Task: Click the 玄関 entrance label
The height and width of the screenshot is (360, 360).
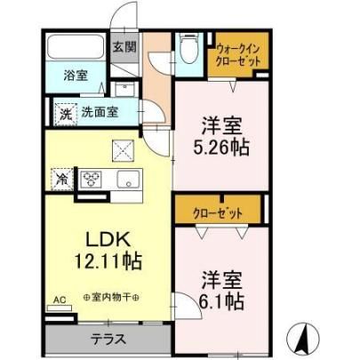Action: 124,47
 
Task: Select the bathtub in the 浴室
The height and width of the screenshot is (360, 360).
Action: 76,46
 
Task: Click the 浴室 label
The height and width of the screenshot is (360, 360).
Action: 76,76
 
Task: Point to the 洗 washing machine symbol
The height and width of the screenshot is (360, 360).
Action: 66,115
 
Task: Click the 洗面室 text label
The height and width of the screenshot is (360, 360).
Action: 100,112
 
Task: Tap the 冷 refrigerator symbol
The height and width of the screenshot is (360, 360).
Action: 62,179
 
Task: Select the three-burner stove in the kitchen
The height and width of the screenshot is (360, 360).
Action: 91,179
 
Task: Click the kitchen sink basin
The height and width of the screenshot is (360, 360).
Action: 128,179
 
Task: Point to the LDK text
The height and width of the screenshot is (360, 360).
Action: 108,239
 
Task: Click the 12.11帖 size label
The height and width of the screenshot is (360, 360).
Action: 108,260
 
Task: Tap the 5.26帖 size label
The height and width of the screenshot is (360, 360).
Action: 221,148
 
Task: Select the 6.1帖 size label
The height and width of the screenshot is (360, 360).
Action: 221,301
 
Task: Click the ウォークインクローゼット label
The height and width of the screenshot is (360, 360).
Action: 238,55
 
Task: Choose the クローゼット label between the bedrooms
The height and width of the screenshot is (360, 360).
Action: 218,213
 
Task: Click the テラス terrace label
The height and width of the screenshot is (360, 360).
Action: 108,339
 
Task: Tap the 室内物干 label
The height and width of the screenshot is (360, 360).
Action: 111,297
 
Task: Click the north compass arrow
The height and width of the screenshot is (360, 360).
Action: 303,338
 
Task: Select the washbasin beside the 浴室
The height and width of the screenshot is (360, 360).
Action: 124,89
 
